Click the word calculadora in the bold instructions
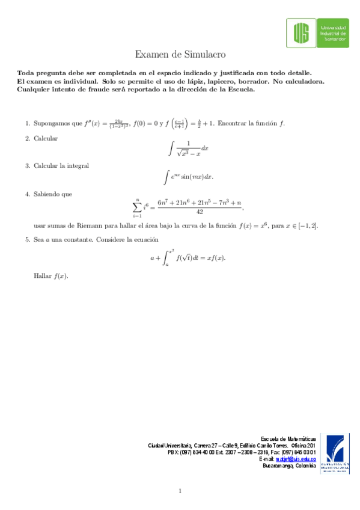[x=304, y=81]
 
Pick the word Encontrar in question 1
[x=231, y=124]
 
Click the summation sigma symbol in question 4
[x=138, y=206]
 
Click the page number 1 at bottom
[x=180, y=491]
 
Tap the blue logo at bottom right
[x=337, y=453]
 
